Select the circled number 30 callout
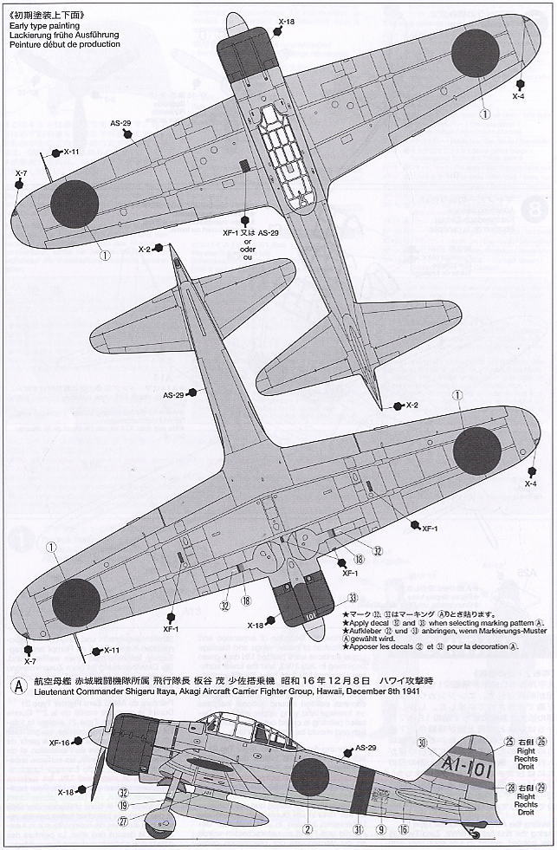coord(422,742)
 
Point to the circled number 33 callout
coord(353,598)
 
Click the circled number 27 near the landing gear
coord(123,822)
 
